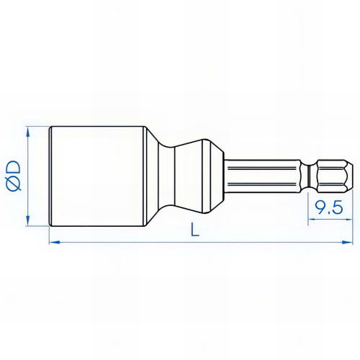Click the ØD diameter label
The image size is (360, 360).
14,176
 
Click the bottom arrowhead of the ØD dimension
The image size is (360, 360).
28,222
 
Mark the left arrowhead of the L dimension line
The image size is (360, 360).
53,243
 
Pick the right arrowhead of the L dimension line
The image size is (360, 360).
352,243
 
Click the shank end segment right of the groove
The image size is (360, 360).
333,176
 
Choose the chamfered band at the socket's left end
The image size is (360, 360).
53,176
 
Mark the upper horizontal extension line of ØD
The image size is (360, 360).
37,127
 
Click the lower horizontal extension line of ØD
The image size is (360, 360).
37,226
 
